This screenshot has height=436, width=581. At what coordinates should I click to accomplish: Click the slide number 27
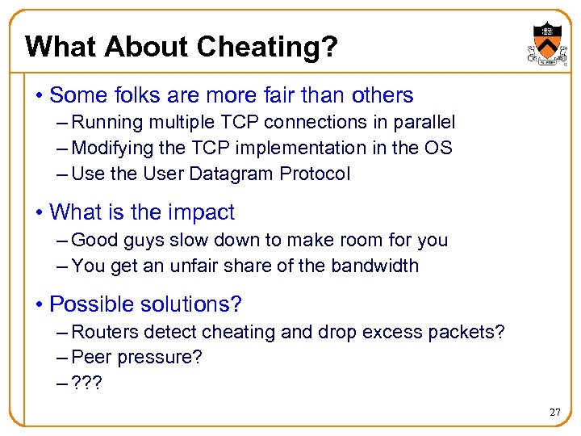point(554,413)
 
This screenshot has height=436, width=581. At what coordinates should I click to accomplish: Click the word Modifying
point(106,149)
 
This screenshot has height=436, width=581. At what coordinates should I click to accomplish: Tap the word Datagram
point(240,174)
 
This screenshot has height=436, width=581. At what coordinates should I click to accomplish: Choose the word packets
point(469,333)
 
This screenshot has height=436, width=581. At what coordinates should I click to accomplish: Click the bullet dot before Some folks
point(39,96)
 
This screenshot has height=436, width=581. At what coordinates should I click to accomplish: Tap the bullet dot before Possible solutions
point(39,305)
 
